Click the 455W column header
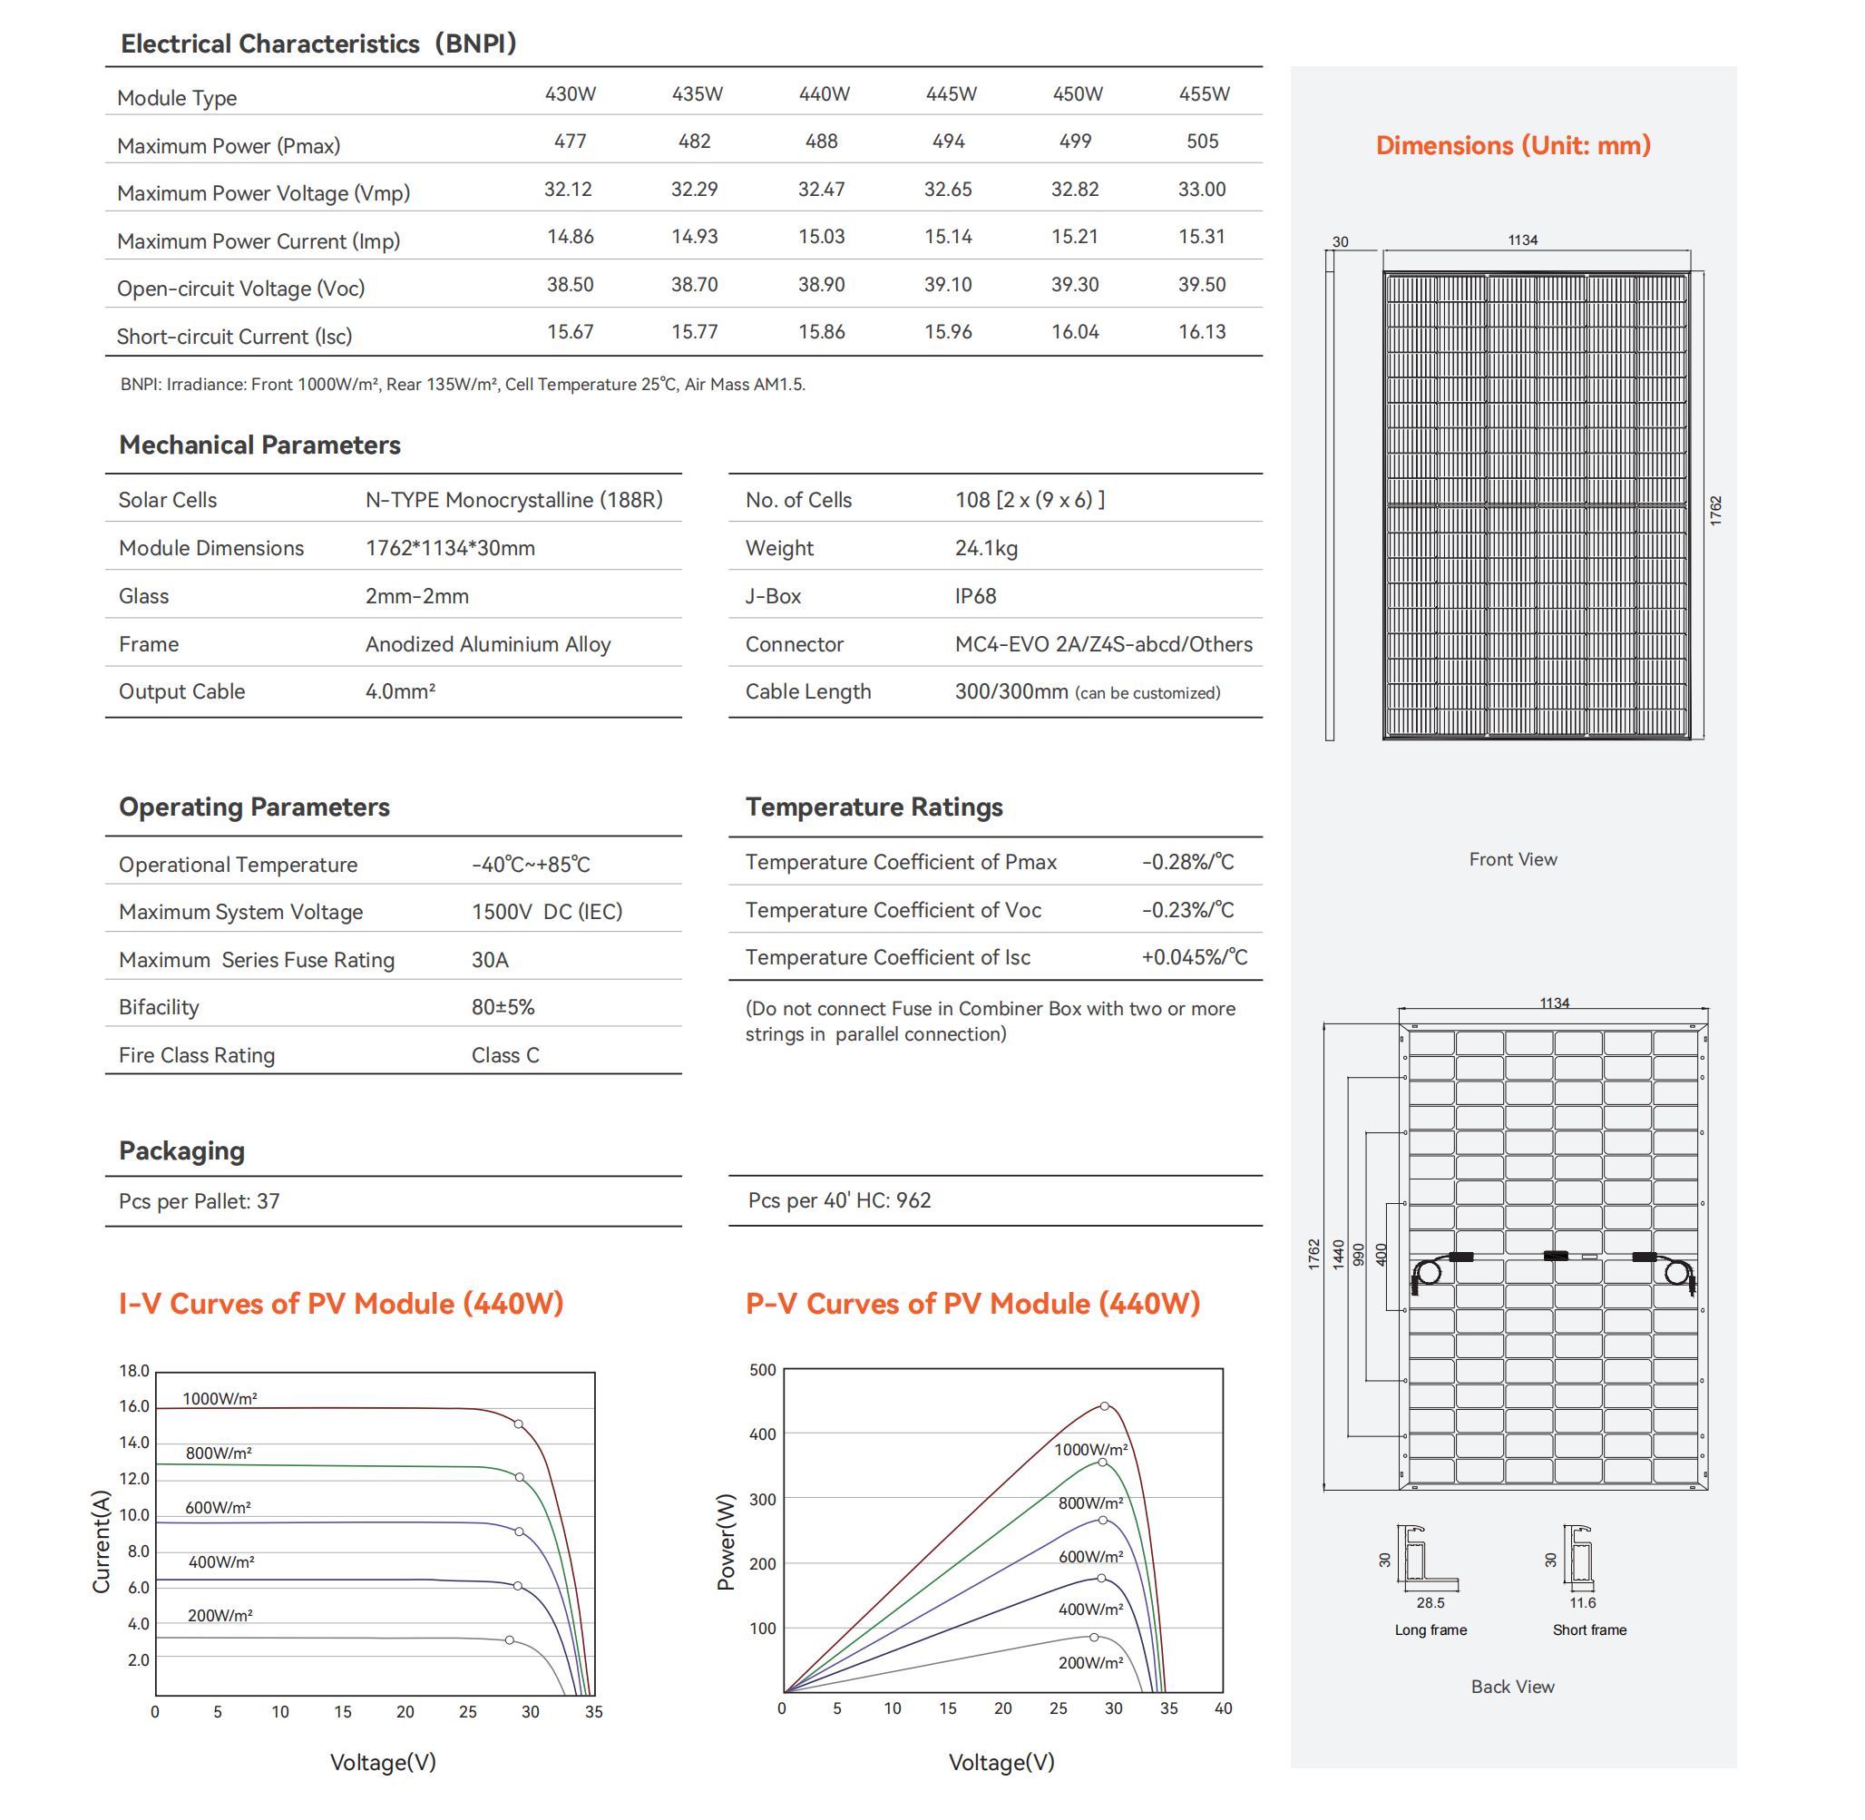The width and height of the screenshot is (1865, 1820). click(1204, 93)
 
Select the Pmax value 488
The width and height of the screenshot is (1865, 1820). click(821, 142)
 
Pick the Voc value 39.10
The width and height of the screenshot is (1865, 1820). click(947, 285)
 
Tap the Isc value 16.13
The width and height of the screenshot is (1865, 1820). click(1202, 332)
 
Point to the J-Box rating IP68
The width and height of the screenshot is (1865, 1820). click(975, 596)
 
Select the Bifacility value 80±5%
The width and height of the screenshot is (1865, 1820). click(503, 1007)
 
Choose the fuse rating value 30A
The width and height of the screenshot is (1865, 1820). click(490, 960)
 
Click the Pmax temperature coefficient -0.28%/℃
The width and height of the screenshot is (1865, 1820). click(1187, 862)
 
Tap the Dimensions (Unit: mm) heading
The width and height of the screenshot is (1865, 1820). click(1512, 145)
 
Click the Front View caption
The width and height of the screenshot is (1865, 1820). click(1512, 859)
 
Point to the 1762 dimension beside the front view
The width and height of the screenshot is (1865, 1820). click(1716, 511)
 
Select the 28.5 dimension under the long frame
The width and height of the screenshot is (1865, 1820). click(1430, 1603)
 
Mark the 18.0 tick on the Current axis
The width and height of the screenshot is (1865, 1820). click(134, 1371)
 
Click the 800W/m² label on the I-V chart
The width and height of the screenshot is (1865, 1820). click(219, 1453)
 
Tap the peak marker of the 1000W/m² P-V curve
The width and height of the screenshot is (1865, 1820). click(1104, 1406)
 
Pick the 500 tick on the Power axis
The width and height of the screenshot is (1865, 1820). click(762, 1370)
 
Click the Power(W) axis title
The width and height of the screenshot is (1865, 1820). click(727, 1541)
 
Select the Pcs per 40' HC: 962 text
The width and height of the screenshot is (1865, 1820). click(838, 1200)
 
